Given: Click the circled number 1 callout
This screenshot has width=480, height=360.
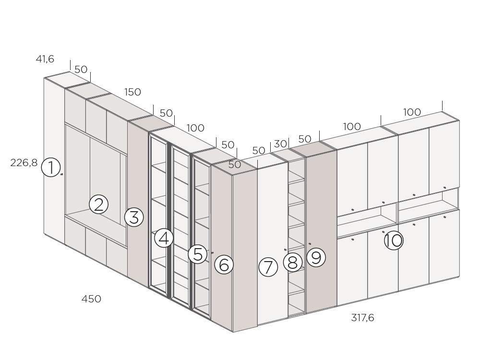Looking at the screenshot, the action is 51,167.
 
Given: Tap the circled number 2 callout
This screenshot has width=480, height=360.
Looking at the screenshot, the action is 98,204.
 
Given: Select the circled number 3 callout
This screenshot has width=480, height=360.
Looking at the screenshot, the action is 134,217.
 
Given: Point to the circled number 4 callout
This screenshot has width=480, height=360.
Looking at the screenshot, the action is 164,238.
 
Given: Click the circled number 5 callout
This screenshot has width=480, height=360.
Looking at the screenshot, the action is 198,254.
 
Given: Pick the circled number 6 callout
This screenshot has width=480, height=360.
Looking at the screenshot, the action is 224,264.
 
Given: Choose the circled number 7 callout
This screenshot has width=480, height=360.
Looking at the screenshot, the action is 268,267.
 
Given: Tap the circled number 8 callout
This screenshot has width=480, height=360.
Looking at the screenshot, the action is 293,263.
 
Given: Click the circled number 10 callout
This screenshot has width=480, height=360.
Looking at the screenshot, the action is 394,240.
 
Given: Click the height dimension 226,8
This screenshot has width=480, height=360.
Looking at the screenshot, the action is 24,163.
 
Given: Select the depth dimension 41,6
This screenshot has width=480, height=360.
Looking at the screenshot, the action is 45,59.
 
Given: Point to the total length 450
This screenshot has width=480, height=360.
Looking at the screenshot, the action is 91,299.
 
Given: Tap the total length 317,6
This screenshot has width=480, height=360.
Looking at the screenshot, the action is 363,318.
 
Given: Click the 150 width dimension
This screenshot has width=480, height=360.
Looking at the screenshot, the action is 132,92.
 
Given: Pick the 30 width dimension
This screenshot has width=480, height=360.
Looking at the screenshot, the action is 280,144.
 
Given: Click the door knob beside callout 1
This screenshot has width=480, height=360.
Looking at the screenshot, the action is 61,174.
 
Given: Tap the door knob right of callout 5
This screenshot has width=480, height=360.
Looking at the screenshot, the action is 212,252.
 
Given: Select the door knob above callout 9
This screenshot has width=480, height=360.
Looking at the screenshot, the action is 310,244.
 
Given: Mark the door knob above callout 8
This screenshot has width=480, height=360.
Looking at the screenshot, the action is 285,250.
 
